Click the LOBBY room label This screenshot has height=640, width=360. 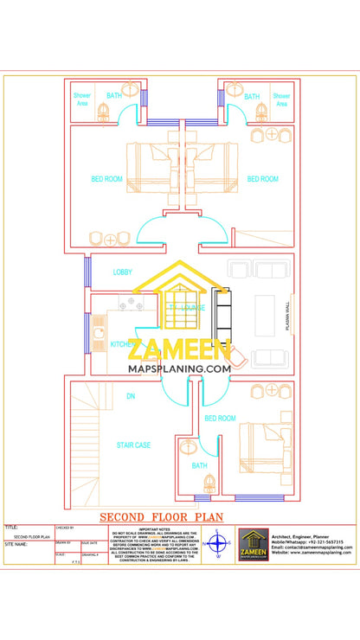[122, 272]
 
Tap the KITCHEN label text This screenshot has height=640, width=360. [122, 344]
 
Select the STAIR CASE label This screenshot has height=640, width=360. [134, 445]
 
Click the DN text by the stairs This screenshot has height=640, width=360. [131, 396]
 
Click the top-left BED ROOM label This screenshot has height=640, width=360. [107, 179]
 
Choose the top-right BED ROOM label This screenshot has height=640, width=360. [262, 179]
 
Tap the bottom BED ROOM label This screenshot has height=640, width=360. [220, 419]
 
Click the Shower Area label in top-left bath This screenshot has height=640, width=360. [82, 99]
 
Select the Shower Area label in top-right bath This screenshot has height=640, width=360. [281, 99]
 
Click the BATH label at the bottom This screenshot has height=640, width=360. [199, 466]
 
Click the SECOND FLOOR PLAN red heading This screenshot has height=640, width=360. [162, 517]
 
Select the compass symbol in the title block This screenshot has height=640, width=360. [218, 546]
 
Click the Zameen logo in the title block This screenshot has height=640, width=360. [252, 546]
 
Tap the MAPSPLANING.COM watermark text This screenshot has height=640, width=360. [179, 368]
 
